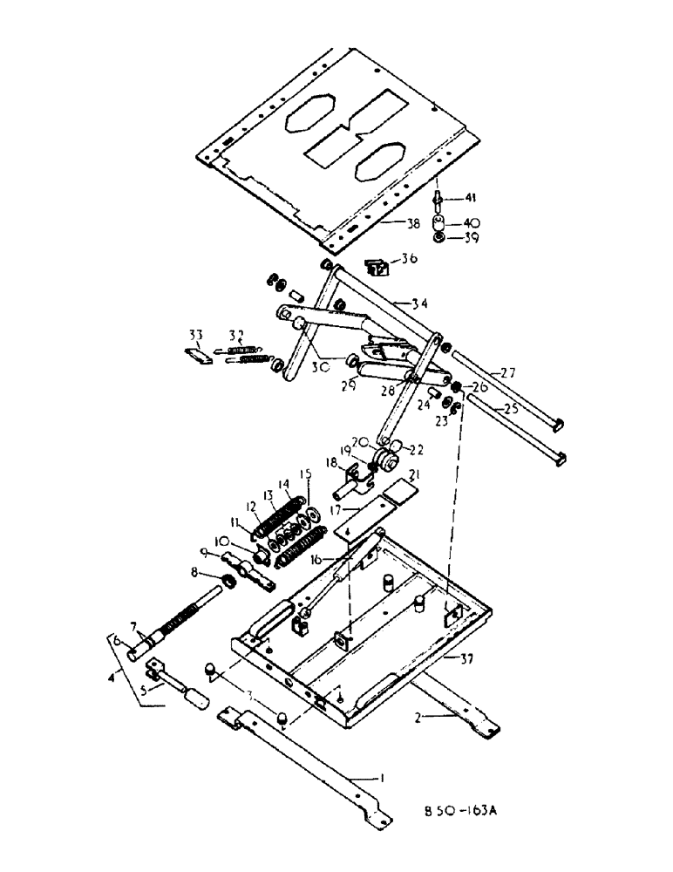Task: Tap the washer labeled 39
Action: click(442, 239)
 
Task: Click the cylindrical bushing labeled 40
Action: click(442, 221)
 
